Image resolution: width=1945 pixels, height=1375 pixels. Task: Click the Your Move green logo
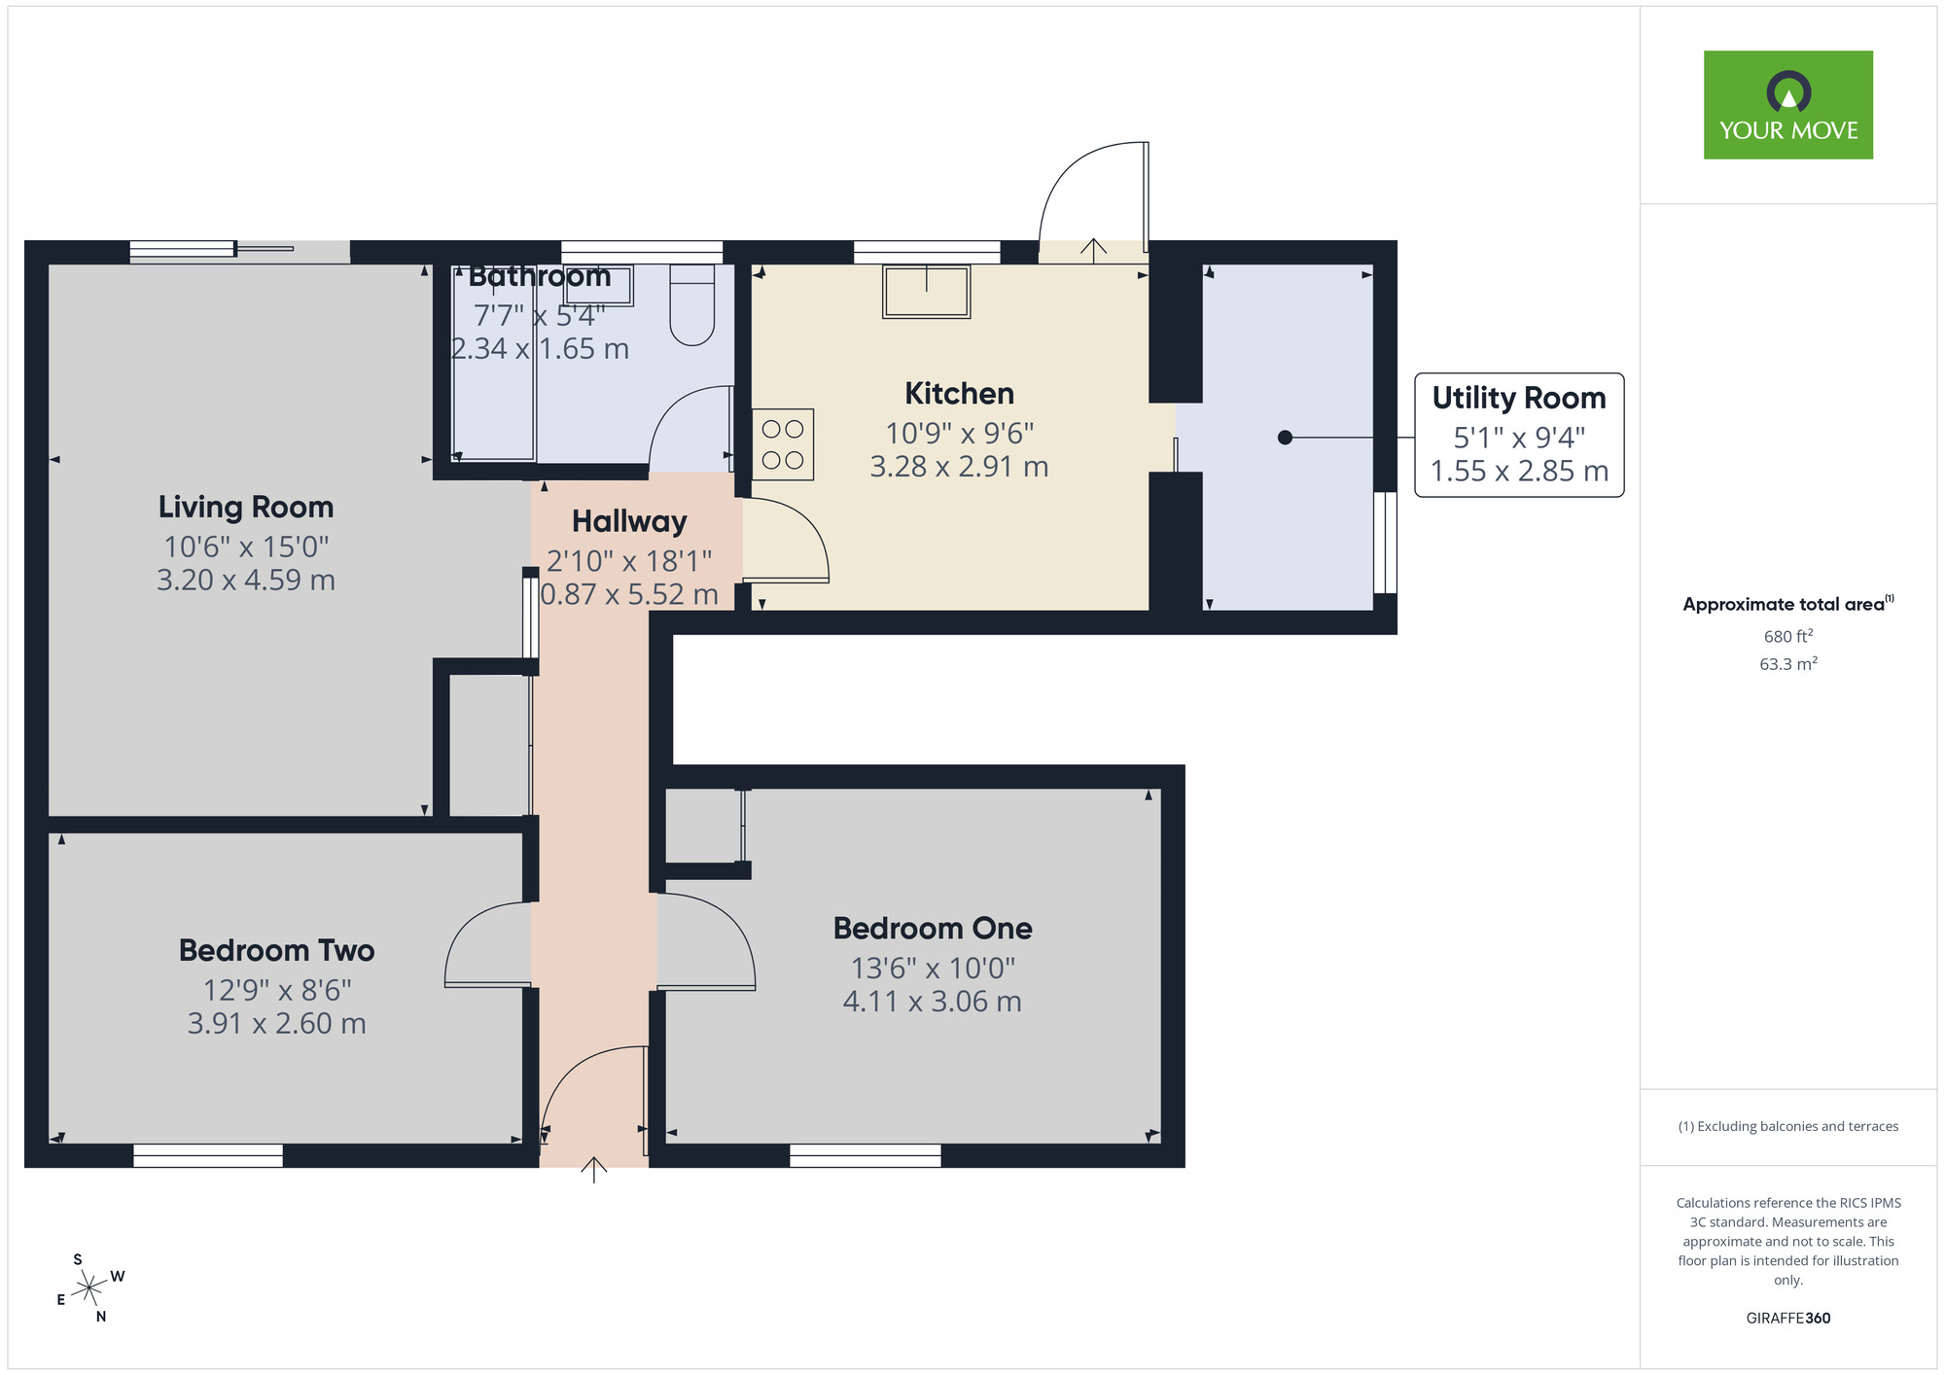pyautogui.click(x=1787, y=105)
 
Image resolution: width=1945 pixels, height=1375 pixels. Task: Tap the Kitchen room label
pyautogui.click(x=959, y=394)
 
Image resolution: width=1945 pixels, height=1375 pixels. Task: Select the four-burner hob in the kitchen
pyautogui.click(x=783, y=444)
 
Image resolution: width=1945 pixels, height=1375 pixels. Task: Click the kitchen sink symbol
pyautogui.click(x=926, y=291)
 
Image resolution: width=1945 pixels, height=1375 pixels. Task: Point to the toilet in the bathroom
pyautogui.click(x=692, y=303)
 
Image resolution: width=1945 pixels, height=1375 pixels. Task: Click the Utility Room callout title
pyautogui.click(x=1518, y=398)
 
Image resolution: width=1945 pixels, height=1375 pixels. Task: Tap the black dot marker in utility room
pyautogui.click(x=1285, y=438)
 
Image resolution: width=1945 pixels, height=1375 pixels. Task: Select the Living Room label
pyautogui.click(x=246, y=507)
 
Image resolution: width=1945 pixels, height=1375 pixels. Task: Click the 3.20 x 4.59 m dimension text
pyautogui.click(x=246, y=581)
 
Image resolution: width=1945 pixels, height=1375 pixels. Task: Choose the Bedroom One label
pyautogui.click(x=933, y=929)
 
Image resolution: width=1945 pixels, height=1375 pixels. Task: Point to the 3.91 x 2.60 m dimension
pyautogui.click(x=276, y=1024)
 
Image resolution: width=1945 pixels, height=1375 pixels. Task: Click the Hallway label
pyautogui.click(x=629, y=522)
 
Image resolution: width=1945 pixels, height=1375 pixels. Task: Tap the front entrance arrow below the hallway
pyautogui.click(x=593, y=1169)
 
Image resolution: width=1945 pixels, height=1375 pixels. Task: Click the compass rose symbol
pyautogui.click(x=89, y=1288)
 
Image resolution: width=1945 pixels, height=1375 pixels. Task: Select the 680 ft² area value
pyautogui.click(x=1787, y=636)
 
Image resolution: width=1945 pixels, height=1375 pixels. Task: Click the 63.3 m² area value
pyautogui.click(x=1787, y=664)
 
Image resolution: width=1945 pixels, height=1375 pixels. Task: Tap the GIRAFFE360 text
pyautogui.click(x=1787, y=1319)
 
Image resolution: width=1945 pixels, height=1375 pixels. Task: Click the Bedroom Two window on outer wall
pyautogui.click(x=208, y=1155)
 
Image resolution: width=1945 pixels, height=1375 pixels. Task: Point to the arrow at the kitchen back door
pyautogui.click(x=1093, y=251)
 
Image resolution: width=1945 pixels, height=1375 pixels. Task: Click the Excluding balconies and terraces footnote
pyautogui.click(x=1787, y=1126)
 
